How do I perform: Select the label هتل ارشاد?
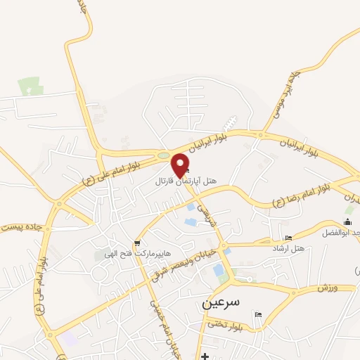288,249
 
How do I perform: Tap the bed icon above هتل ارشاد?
288,238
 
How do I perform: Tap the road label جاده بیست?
21,227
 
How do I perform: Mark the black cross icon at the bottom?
205,356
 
